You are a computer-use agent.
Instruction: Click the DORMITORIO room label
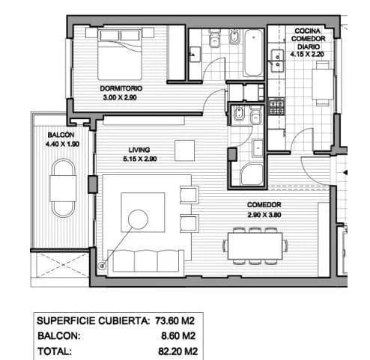[121, 88]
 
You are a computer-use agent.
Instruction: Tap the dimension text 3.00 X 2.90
[121, 97]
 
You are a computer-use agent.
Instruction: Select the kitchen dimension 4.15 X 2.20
[308, 55]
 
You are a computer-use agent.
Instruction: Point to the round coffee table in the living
[139, 219]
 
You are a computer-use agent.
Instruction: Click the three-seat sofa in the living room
[147, 260]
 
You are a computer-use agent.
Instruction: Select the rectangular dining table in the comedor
[255, 243]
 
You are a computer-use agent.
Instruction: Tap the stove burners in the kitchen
[273, 105]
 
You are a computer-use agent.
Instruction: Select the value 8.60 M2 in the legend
[179, 335]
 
